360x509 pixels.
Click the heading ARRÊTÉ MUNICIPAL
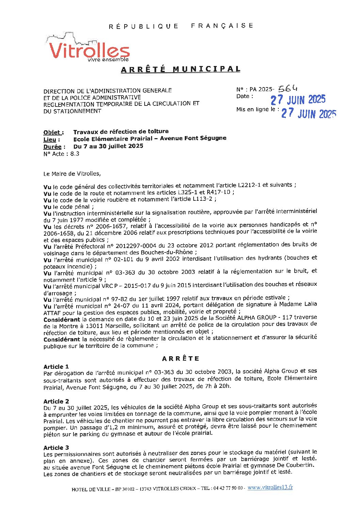pos(181,69)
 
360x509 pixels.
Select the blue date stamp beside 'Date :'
pos(298,100)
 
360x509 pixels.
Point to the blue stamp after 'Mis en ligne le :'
pos(309,113)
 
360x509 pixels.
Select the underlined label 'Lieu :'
pos(52,139)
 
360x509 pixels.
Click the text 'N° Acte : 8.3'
pos(61,154)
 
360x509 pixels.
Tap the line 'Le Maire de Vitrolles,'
pos(72,174)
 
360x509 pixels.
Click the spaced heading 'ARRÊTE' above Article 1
pos(181,359)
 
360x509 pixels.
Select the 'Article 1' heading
pos(56,366)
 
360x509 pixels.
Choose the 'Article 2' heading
pos(56,401)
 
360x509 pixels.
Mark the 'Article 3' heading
pos(56,448)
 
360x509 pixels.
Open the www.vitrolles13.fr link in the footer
pos(270,487)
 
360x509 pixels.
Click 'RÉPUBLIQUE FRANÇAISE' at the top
pos(181,26)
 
